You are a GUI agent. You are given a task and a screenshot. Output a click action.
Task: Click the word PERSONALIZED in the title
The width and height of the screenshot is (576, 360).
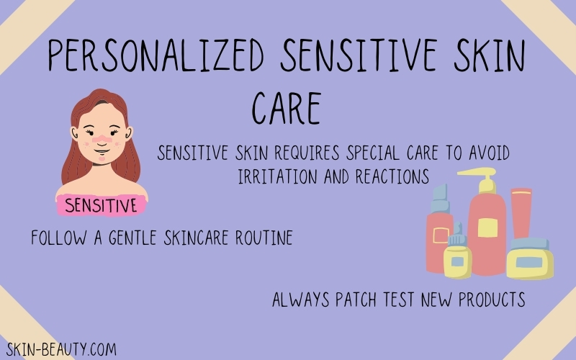[156, 55]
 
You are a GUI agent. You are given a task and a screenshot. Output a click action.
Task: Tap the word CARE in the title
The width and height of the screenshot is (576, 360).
[287, 108]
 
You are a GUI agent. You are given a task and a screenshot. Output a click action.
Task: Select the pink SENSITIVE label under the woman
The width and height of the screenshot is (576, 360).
[101, 205]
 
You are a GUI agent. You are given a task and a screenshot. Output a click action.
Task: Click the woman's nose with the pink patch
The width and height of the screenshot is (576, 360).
[102, 139]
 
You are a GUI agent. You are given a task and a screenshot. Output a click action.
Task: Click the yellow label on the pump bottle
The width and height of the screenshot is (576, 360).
[487, 228]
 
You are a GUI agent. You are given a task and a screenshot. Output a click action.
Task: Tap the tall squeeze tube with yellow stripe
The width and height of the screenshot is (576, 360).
[521, 213]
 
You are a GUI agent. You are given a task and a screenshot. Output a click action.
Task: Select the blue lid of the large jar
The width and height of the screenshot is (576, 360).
[529, 244]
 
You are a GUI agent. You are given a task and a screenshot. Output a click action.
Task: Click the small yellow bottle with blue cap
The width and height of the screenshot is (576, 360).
[457, 257]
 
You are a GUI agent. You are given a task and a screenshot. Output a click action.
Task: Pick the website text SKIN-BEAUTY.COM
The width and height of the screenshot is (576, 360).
[61, 349]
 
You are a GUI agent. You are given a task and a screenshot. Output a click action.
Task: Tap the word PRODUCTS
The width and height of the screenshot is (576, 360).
[492, 300]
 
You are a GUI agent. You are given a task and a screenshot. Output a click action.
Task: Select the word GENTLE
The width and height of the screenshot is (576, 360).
[132, 238]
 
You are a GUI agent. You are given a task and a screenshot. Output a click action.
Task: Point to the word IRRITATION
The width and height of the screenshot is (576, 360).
[277, 176]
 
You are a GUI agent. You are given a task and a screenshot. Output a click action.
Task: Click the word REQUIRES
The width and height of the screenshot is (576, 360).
[307, 153]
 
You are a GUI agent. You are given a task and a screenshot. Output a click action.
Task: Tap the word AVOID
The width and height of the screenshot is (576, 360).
[490, 153]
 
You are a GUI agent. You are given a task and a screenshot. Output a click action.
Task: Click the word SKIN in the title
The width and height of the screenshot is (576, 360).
[490, 55]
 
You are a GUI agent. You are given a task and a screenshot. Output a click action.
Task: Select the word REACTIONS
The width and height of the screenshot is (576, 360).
[392, 176]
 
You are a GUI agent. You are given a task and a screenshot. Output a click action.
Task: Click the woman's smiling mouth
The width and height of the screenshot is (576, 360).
[102, 150]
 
